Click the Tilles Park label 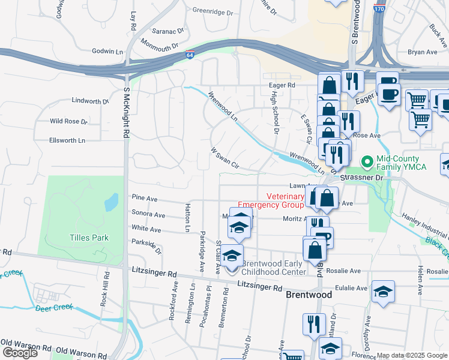click(89, 238)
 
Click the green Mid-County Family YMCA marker click(366, 162)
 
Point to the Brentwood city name click(309, 295)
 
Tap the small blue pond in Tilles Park click(111, 203)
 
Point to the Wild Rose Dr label click(68, 121)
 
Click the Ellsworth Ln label click(68, 140)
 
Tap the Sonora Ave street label click(148, 215)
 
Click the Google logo click(20, 353)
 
